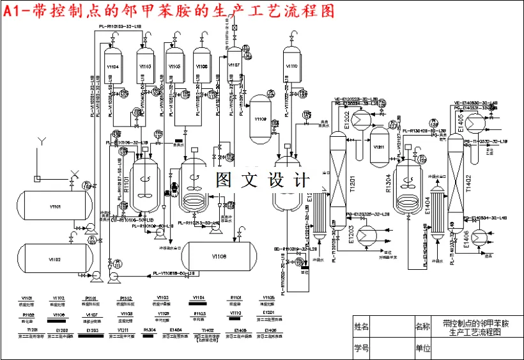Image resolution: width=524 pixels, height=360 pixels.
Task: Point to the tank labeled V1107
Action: coord(234,66)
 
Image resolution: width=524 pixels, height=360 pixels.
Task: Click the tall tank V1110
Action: coord(291,66)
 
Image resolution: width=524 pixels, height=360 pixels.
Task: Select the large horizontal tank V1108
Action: coord(220,257)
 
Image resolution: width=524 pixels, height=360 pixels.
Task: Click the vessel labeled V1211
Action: coord(380,147)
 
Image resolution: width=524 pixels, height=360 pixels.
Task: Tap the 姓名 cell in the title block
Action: coord(361,326)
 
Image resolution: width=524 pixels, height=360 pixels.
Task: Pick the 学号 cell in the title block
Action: coord(361,348)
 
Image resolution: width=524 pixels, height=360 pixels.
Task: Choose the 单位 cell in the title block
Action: coord(422,348)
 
